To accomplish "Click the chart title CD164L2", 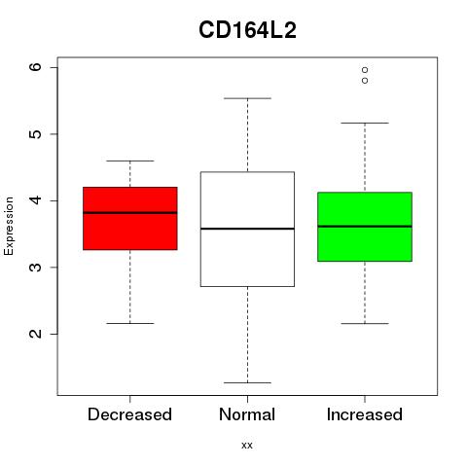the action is click(247, 30).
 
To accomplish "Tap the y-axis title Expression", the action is click(9, 226).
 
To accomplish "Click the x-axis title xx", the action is click(247, 445).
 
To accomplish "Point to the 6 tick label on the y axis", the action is click(35, 67).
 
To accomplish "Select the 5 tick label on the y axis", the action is click(35, 134).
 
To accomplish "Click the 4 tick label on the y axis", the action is click(35, 200).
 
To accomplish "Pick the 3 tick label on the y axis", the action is click(35, 268).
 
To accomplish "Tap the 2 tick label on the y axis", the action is click(35, 334).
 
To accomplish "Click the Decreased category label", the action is click(129, 414).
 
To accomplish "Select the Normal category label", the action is click(247, 414).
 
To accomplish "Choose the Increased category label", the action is click(365, 414).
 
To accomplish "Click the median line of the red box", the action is click(130, 213).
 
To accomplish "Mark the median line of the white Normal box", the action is click(247, 229).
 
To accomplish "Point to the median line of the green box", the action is click(365, 227).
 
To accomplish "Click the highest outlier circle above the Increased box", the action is click(365, 70).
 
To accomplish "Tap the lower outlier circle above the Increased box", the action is click(365, 80).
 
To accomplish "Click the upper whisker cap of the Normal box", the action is click(247, 98).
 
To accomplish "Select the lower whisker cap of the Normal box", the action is click(247, 382).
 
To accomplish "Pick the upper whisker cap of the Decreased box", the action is click(130, 161).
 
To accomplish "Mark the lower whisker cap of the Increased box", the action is click(365, 323).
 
